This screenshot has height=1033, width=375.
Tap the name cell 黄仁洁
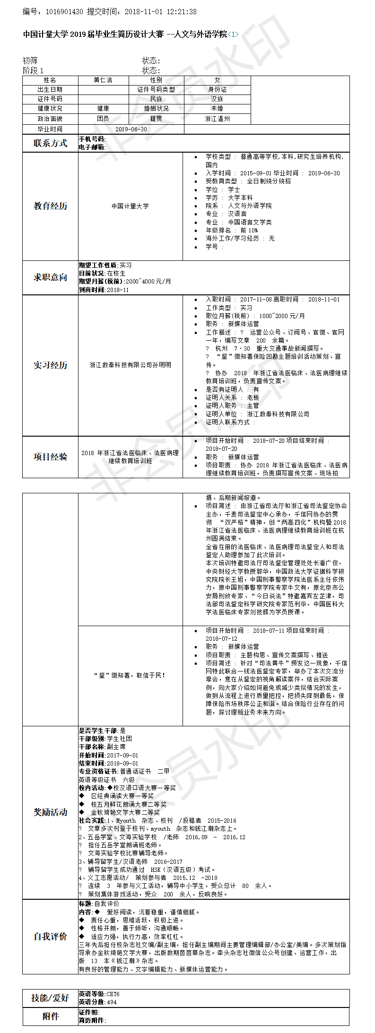(x=103, y=80)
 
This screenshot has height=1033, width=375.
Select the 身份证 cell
(x=217, y=89)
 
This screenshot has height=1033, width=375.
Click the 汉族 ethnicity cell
(x=217, y=99)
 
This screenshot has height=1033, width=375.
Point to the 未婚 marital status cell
(x=217, y=108)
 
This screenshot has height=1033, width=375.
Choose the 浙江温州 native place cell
(x=217, y=119)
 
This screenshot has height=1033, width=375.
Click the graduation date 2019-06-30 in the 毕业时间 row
(x=131, y=129)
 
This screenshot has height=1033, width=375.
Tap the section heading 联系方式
(x=50, y=143)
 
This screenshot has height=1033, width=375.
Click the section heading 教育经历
(x=50, y=206)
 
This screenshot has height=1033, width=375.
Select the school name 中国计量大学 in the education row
(x=130, y=206)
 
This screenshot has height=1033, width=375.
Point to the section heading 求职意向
(x=50, y=277)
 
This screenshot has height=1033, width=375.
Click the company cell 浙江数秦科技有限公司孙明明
(x=130, y=365)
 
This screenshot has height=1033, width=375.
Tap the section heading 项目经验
(x=50, y=456)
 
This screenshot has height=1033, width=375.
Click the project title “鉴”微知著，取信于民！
(x=130, y=675)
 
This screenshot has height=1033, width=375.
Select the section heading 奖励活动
(x=50, y=812)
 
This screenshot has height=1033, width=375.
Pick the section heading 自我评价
(x=50, y=936)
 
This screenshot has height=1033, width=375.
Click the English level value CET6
(x=113, y=994)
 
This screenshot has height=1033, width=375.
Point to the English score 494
(x=112, y=1002)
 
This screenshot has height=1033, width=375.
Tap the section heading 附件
(x=50, y=1016)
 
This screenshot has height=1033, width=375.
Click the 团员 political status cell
(x=103, y=119)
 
